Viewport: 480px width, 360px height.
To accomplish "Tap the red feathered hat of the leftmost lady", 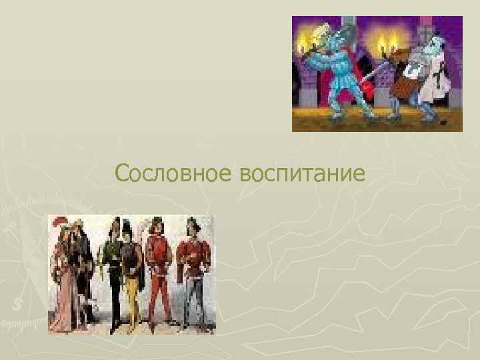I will [x=61, y=224].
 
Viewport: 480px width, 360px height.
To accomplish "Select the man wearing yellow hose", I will [x=133, y=273].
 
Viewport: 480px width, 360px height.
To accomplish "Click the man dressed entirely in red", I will [x=159, y=273].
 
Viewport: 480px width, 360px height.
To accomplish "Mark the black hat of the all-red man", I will [x=157, y=222].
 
